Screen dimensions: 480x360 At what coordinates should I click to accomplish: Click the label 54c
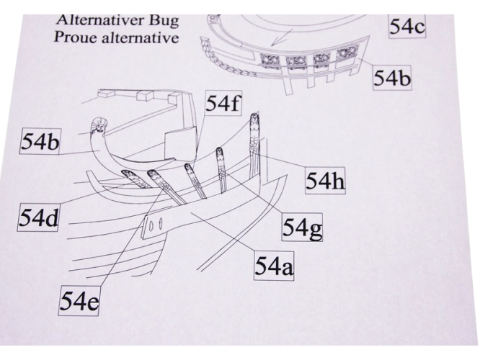click(x=406, y=27)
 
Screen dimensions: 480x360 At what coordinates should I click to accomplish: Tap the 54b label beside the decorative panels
click(x=392, y=78)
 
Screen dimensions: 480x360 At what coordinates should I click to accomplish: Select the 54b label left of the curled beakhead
click(x=40, y=142)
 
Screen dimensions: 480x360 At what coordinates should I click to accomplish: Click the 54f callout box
click(x=223, y=104)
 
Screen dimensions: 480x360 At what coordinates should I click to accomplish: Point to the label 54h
click(x=325, y=181)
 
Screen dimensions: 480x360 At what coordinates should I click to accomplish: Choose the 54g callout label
click(x=302, y=228)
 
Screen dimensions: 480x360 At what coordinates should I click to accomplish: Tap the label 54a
click(x=274, y=266)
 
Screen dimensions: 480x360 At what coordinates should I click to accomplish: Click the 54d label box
click(x=38, y=217)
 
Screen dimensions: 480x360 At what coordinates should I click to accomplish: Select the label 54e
click(x=79, y=301)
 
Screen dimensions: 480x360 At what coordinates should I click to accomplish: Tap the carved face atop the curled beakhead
click(x=99, y=126)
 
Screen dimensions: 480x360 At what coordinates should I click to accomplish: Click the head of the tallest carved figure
click(x=254, y=118)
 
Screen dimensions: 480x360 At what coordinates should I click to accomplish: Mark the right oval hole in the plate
click(x=161, y=223)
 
